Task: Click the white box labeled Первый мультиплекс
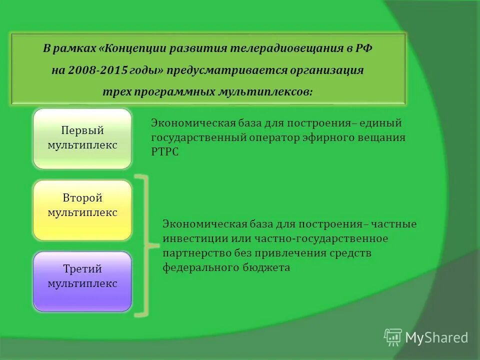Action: click(82, 138)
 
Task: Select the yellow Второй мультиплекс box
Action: click(82, 210)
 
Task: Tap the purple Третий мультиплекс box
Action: click(82, 281)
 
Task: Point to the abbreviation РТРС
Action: click(164, 151)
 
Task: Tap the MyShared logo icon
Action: click(392, 337)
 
